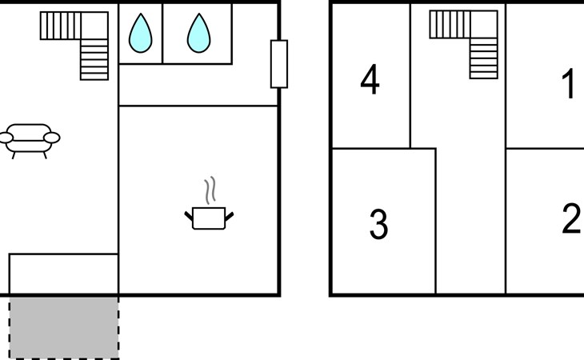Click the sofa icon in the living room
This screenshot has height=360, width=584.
pos(30,138)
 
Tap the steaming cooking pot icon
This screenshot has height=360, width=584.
pos(210,216)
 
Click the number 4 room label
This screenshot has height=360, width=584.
pos(370,81)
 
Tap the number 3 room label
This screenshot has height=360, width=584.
pos(378,225)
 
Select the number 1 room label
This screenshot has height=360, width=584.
pos(570,84)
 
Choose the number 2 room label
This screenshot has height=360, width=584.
pos(571,218)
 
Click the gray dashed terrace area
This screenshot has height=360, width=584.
pos(64,326)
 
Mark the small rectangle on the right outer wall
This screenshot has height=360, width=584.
pos(278,64)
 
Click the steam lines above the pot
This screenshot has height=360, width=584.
pos(210,190)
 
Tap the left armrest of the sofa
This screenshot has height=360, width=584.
pos(6,138)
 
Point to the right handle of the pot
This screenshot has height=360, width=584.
pos(230,214)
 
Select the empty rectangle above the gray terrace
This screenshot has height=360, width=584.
pos(64,274)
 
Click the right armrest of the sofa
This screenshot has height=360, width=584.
pos(53,138)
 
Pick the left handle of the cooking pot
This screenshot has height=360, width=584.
pos(190,214)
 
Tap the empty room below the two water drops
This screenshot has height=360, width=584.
pos(198,84)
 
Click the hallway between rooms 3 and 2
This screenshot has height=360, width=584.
pos(470,224)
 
